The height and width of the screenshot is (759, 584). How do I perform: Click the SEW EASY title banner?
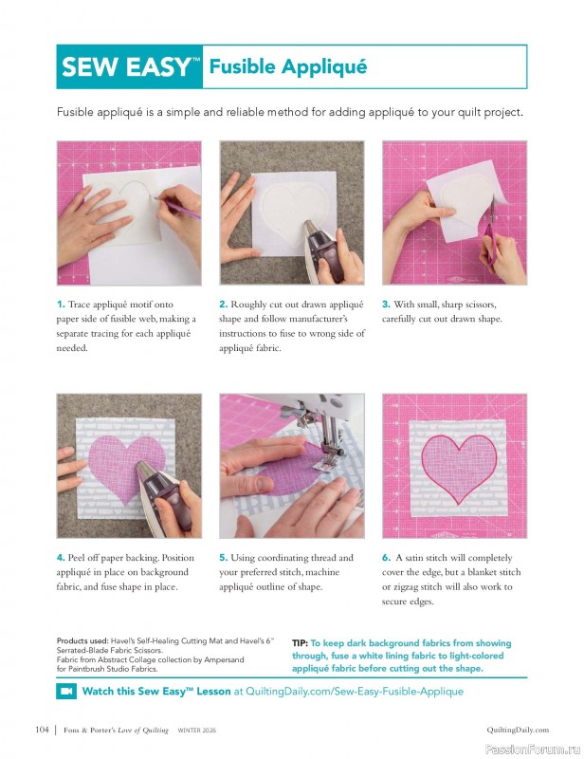tap(131, 67)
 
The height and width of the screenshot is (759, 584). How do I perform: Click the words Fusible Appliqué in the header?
tap(287, 67)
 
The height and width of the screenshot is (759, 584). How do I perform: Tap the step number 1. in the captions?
tap(61, 305)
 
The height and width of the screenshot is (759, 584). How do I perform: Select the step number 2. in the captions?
tap(224, 305)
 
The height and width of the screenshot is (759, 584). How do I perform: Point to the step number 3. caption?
tap(386, 305)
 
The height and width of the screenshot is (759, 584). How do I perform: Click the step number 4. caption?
tap(61, 558)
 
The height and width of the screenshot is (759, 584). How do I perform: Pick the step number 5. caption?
tap(224, 558)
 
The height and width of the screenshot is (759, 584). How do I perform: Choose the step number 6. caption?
tap(386, 558)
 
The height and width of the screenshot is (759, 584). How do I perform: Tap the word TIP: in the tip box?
tap(301, 643)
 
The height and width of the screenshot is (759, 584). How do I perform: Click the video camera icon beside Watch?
tap(66, 692)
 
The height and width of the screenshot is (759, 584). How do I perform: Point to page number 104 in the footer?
tap(41, 730)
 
